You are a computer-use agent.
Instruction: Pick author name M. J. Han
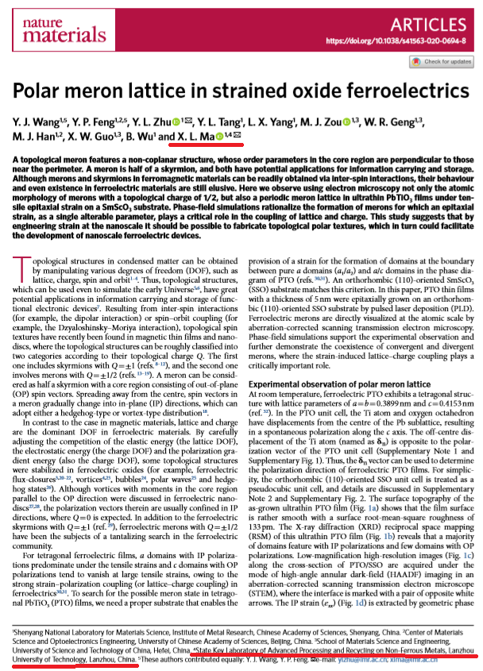pos(37,138)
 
